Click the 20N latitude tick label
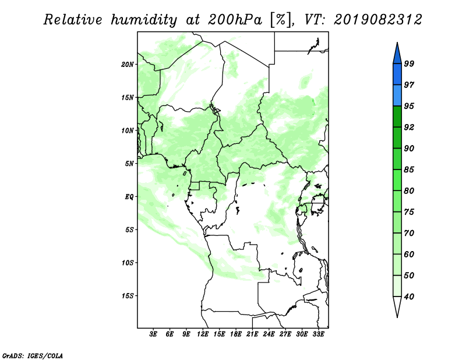(x=128, y=65)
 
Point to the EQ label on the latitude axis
(x=129, y=197)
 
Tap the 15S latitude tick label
(x=128, y=296)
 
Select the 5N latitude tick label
(x=129, y=164)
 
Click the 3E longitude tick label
(x=153, y=334)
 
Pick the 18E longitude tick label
(x=236, y=334)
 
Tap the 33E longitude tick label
(x=318, y=334)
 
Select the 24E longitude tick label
(x=269, y=334)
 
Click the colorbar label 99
(x=409, y=63)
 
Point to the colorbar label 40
(x=409, y=297)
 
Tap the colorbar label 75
(x=409, y=212)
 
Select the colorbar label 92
(x=409, y=127)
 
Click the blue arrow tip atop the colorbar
(x=397, y=43)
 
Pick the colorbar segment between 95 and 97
(x=397, y=96)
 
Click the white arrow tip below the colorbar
(x=397, y=317)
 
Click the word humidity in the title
(x=144, y=20)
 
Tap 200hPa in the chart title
(x=235, y=20)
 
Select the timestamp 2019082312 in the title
(x=377, y=20)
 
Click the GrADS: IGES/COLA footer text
(x=33, y=356)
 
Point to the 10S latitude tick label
(x=128, y=263)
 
